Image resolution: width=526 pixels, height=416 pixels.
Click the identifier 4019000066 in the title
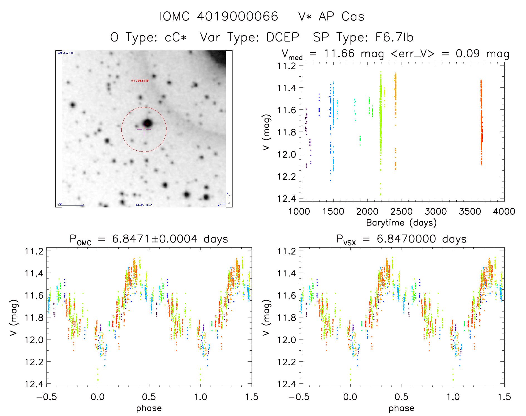point(237,16)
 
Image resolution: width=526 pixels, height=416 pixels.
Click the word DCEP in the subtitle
point(283,37)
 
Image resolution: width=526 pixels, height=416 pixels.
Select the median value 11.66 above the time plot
point(339,53)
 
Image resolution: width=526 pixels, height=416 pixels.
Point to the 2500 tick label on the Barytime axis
point(401,212)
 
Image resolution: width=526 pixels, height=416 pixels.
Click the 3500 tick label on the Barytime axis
point(470,212)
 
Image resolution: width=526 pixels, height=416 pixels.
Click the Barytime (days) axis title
point(401,223)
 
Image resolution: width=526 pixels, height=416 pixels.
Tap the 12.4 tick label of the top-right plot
point(287,199)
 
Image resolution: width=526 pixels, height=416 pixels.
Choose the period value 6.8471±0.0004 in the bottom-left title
point(155,239)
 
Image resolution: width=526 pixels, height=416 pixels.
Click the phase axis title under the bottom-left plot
point(149,408)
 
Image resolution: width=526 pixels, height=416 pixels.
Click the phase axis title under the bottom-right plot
point(401,408)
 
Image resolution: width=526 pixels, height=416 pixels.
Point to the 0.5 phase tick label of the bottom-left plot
point(149,397)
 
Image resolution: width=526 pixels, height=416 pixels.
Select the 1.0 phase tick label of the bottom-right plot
point(453,397)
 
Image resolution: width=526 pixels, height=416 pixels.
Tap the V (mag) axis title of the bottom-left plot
point(14,317)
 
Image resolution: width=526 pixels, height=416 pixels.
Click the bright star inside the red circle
point(147,123)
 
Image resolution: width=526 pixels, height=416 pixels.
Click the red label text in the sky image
point(140,81)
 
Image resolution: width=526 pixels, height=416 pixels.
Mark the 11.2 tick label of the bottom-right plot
point(287,251)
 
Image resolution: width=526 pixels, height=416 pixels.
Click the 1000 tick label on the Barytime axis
point(299,212)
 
